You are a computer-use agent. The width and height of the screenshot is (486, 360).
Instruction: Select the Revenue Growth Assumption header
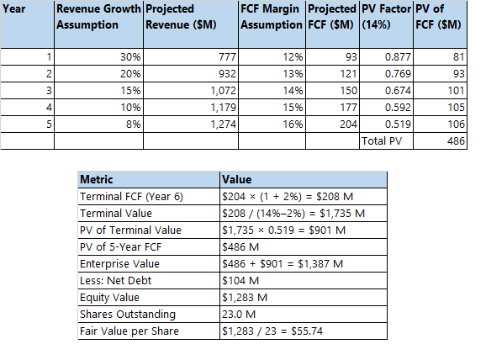[x=98, y=17]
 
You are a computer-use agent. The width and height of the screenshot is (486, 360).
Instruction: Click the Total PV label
[x=383, y=141]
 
